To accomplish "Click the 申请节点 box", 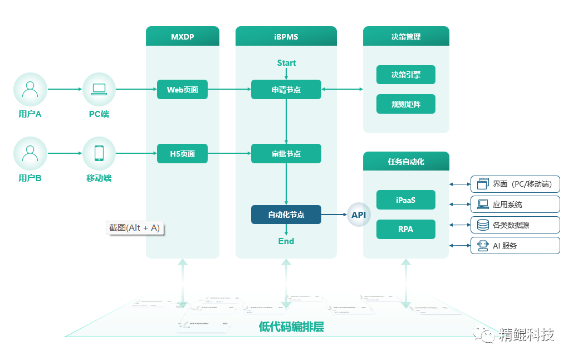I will [286, 89].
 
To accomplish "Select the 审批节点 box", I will [286, 154].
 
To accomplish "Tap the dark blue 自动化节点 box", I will [286, 215].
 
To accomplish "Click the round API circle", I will [359, 215].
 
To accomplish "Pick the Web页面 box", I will [182, 89].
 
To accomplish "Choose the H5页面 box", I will [182, 154].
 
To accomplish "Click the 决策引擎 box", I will [406, 75].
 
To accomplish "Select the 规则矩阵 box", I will [406, 104].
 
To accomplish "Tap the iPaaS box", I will [406, 200].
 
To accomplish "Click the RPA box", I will [406, 229].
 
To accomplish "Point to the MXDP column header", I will [183, 37].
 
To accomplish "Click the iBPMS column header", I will [286, 37].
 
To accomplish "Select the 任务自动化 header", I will [406, 162].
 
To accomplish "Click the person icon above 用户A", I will [30, 89].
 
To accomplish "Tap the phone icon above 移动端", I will [99, 153].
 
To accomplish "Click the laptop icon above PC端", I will [99, 89].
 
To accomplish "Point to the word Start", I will [286, 63].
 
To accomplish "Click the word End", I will [286, 241].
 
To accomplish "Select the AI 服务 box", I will [515, 245].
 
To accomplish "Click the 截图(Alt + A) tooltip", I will [135, 227].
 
